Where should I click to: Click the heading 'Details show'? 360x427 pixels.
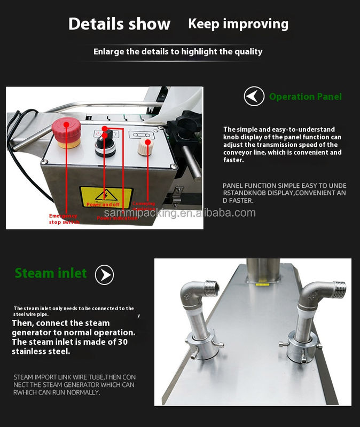120,24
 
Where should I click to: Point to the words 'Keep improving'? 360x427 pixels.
238,23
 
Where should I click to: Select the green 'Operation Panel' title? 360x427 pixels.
305,97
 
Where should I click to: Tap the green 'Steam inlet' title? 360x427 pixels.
51,273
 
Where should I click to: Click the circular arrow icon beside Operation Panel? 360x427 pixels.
254,97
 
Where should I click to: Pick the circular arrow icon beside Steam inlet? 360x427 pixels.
104,275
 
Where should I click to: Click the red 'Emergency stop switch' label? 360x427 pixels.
63,219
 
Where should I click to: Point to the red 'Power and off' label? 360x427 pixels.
103,204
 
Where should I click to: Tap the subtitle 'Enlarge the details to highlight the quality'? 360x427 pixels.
178,52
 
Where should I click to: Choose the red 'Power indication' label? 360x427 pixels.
117,218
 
